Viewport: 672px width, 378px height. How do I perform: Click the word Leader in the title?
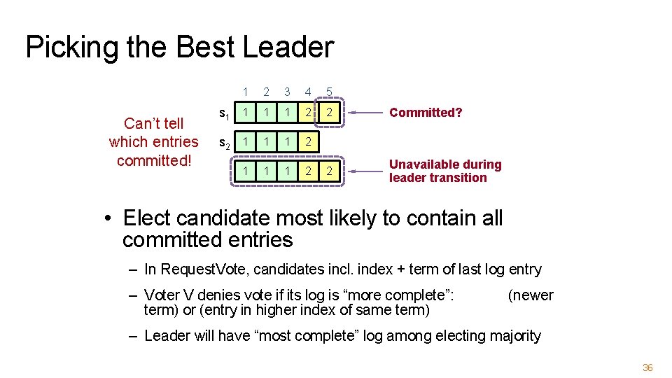[288, 48]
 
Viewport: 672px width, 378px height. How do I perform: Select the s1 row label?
[223, 113]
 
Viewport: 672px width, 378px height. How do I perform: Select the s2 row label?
[223, 143]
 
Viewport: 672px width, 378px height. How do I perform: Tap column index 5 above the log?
[329, 92]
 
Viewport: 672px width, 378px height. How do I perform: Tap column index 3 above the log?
[287, 92]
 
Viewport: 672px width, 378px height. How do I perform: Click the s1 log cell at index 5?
[329, 112]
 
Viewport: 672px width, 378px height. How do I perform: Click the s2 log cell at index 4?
[308, 142]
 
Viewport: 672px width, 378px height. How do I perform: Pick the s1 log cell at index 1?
[244, 112]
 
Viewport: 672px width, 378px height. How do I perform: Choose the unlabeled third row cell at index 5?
[329, 171]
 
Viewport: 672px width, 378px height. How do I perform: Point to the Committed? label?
[426, 113]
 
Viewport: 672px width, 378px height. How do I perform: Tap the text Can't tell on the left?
[153, 124]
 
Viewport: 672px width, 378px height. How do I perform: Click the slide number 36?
[647, 367]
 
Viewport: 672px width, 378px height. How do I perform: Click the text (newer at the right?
[530, 295]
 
